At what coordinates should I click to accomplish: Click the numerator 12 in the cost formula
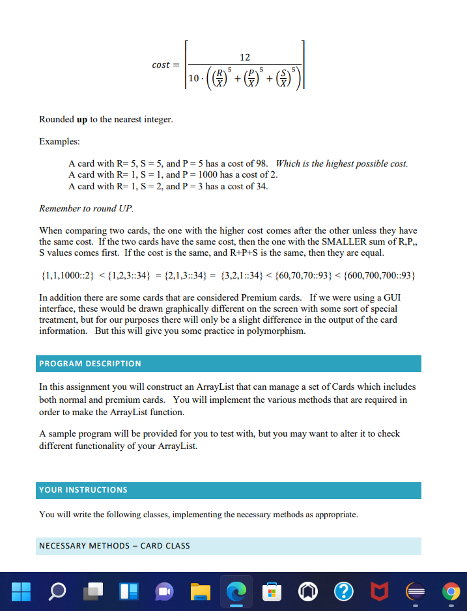[245, 58]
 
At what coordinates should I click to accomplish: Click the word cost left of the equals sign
[161, 65]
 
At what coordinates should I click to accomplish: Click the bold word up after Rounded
[82, 120]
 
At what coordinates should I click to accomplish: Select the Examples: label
[59, 141]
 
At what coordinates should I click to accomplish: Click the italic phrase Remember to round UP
[86, 209]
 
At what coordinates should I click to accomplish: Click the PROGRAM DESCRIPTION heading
[90, 363]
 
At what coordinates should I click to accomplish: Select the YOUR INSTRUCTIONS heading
[83, 490]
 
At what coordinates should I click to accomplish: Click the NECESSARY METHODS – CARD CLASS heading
[115, 545]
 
